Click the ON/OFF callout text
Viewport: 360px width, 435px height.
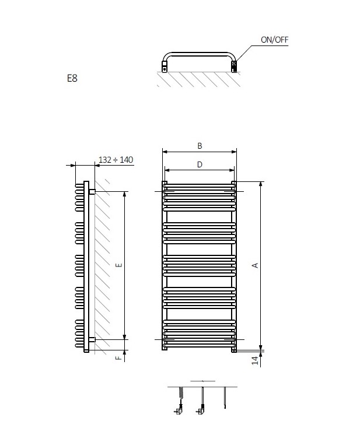point(274,40)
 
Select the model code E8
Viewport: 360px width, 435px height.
point(72,78)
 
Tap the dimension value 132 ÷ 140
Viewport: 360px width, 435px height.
point(116,160)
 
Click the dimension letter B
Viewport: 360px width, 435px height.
point(200,146)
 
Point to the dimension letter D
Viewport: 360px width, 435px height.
point(200,165)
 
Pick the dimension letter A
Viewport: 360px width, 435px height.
point(255,265)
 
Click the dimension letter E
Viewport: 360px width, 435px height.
point(118,265)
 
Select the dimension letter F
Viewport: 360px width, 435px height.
point(118,357)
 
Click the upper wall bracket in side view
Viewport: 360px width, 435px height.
point(92,191)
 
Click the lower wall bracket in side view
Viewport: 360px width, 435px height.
point(92,339)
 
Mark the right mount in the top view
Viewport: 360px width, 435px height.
point(234,68)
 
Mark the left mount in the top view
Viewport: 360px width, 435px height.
point(165,68)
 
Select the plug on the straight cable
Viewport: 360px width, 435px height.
point(201,411)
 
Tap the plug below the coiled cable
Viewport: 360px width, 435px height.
point(179,411)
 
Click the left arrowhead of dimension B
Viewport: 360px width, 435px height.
point(164,152)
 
